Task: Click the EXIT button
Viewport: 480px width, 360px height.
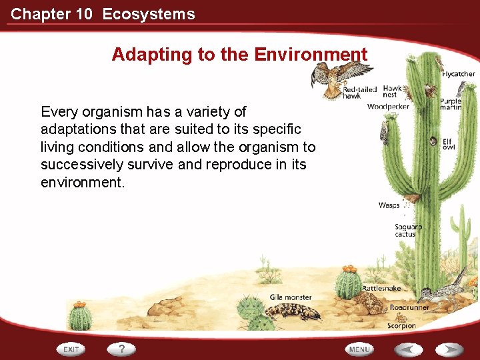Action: (x=71, y=349)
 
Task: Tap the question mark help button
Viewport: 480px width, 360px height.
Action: (x=122, y=349)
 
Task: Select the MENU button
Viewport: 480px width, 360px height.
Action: (x=359, y=349)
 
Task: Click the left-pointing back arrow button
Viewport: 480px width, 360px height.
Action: (x=407, y=349)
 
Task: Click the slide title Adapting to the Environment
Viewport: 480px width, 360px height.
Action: (x=239, y=55)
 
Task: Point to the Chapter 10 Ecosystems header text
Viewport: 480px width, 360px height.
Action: (x=103, y=14)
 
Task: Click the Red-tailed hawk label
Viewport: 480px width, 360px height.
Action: (x=359, y=93)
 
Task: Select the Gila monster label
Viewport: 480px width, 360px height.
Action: (x=290, y=297)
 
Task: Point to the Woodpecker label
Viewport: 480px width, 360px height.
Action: (x=387, y=107)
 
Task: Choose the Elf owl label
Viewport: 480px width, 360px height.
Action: (x=447, y=144)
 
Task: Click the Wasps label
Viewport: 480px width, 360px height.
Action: (x=389, y=205)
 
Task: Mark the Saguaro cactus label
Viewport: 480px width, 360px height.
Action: (x=407, y=231)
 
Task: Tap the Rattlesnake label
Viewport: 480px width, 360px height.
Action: (x=381, y=289)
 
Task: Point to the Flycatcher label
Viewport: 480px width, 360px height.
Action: (x=458, y=74)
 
